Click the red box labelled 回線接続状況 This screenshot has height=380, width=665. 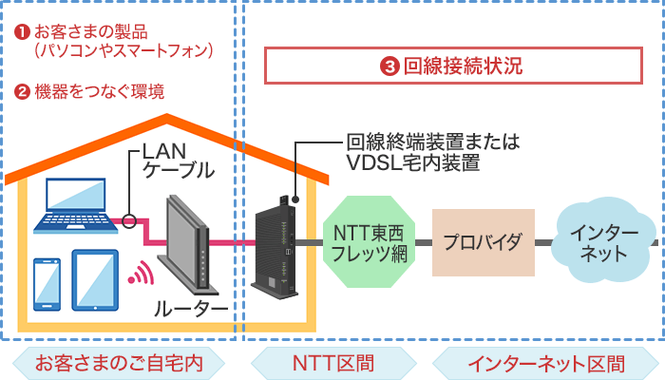[452, 66]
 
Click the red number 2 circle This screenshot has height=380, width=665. [22, 92]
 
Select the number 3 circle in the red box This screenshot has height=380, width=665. [389, 66]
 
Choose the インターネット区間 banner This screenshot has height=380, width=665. [546, 361]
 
